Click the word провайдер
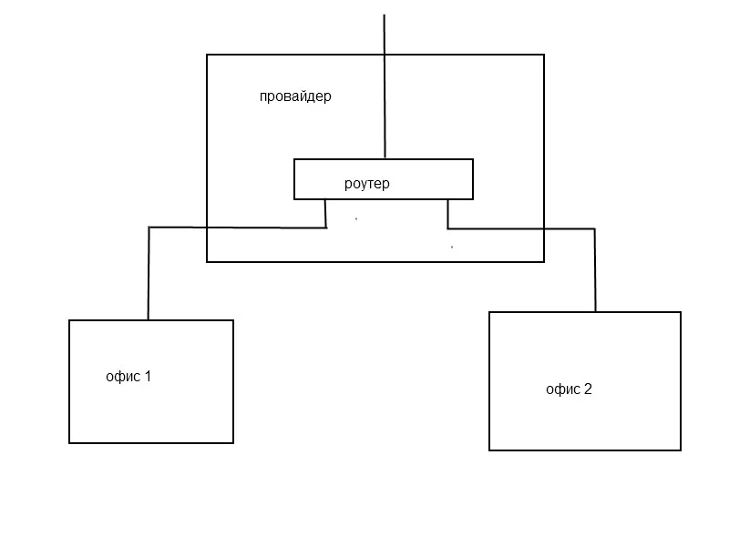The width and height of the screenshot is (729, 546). pos(295,96)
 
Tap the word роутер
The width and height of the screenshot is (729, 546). pos(367,184)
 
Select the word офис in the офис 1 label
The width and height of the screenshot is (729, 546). pos(123,376)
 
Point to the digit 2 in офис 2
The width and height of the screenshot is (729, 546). pos(588,389)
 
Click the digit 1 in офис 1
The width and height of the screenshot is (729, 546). pos(148,376)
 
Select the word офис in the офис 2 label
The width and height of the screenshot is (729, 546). pos(563,389)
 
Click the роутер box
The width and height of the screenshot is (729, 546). pos(384,160)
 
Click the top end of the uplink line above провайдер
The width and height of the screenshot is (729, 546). pos(384,15)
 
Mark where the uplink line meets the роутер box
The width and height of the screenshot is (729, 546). pos(385,159)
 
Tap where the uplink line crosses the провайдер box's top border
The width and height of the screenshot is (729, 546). pos(384,55)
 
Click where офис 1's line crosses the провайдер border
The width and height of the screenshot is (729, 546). pos(207,227)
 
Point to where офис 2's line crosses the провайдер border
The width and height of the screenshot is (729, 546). pos(544,228)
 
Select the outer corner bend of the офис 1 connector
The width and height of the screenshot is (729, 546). pos(149,227)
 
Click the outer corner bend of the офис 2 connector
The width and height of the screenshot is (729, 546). pos(595,229)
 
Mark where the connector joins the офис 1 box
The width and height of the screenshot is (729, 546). pos(149,320)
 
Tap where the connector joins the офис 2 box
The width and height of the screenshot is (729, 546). pos(596,311)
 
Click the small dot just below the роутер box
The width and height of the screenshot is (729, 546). pos(356,218)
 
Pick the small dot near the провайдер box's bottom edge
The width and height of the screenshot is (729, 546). pos(452,247)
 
